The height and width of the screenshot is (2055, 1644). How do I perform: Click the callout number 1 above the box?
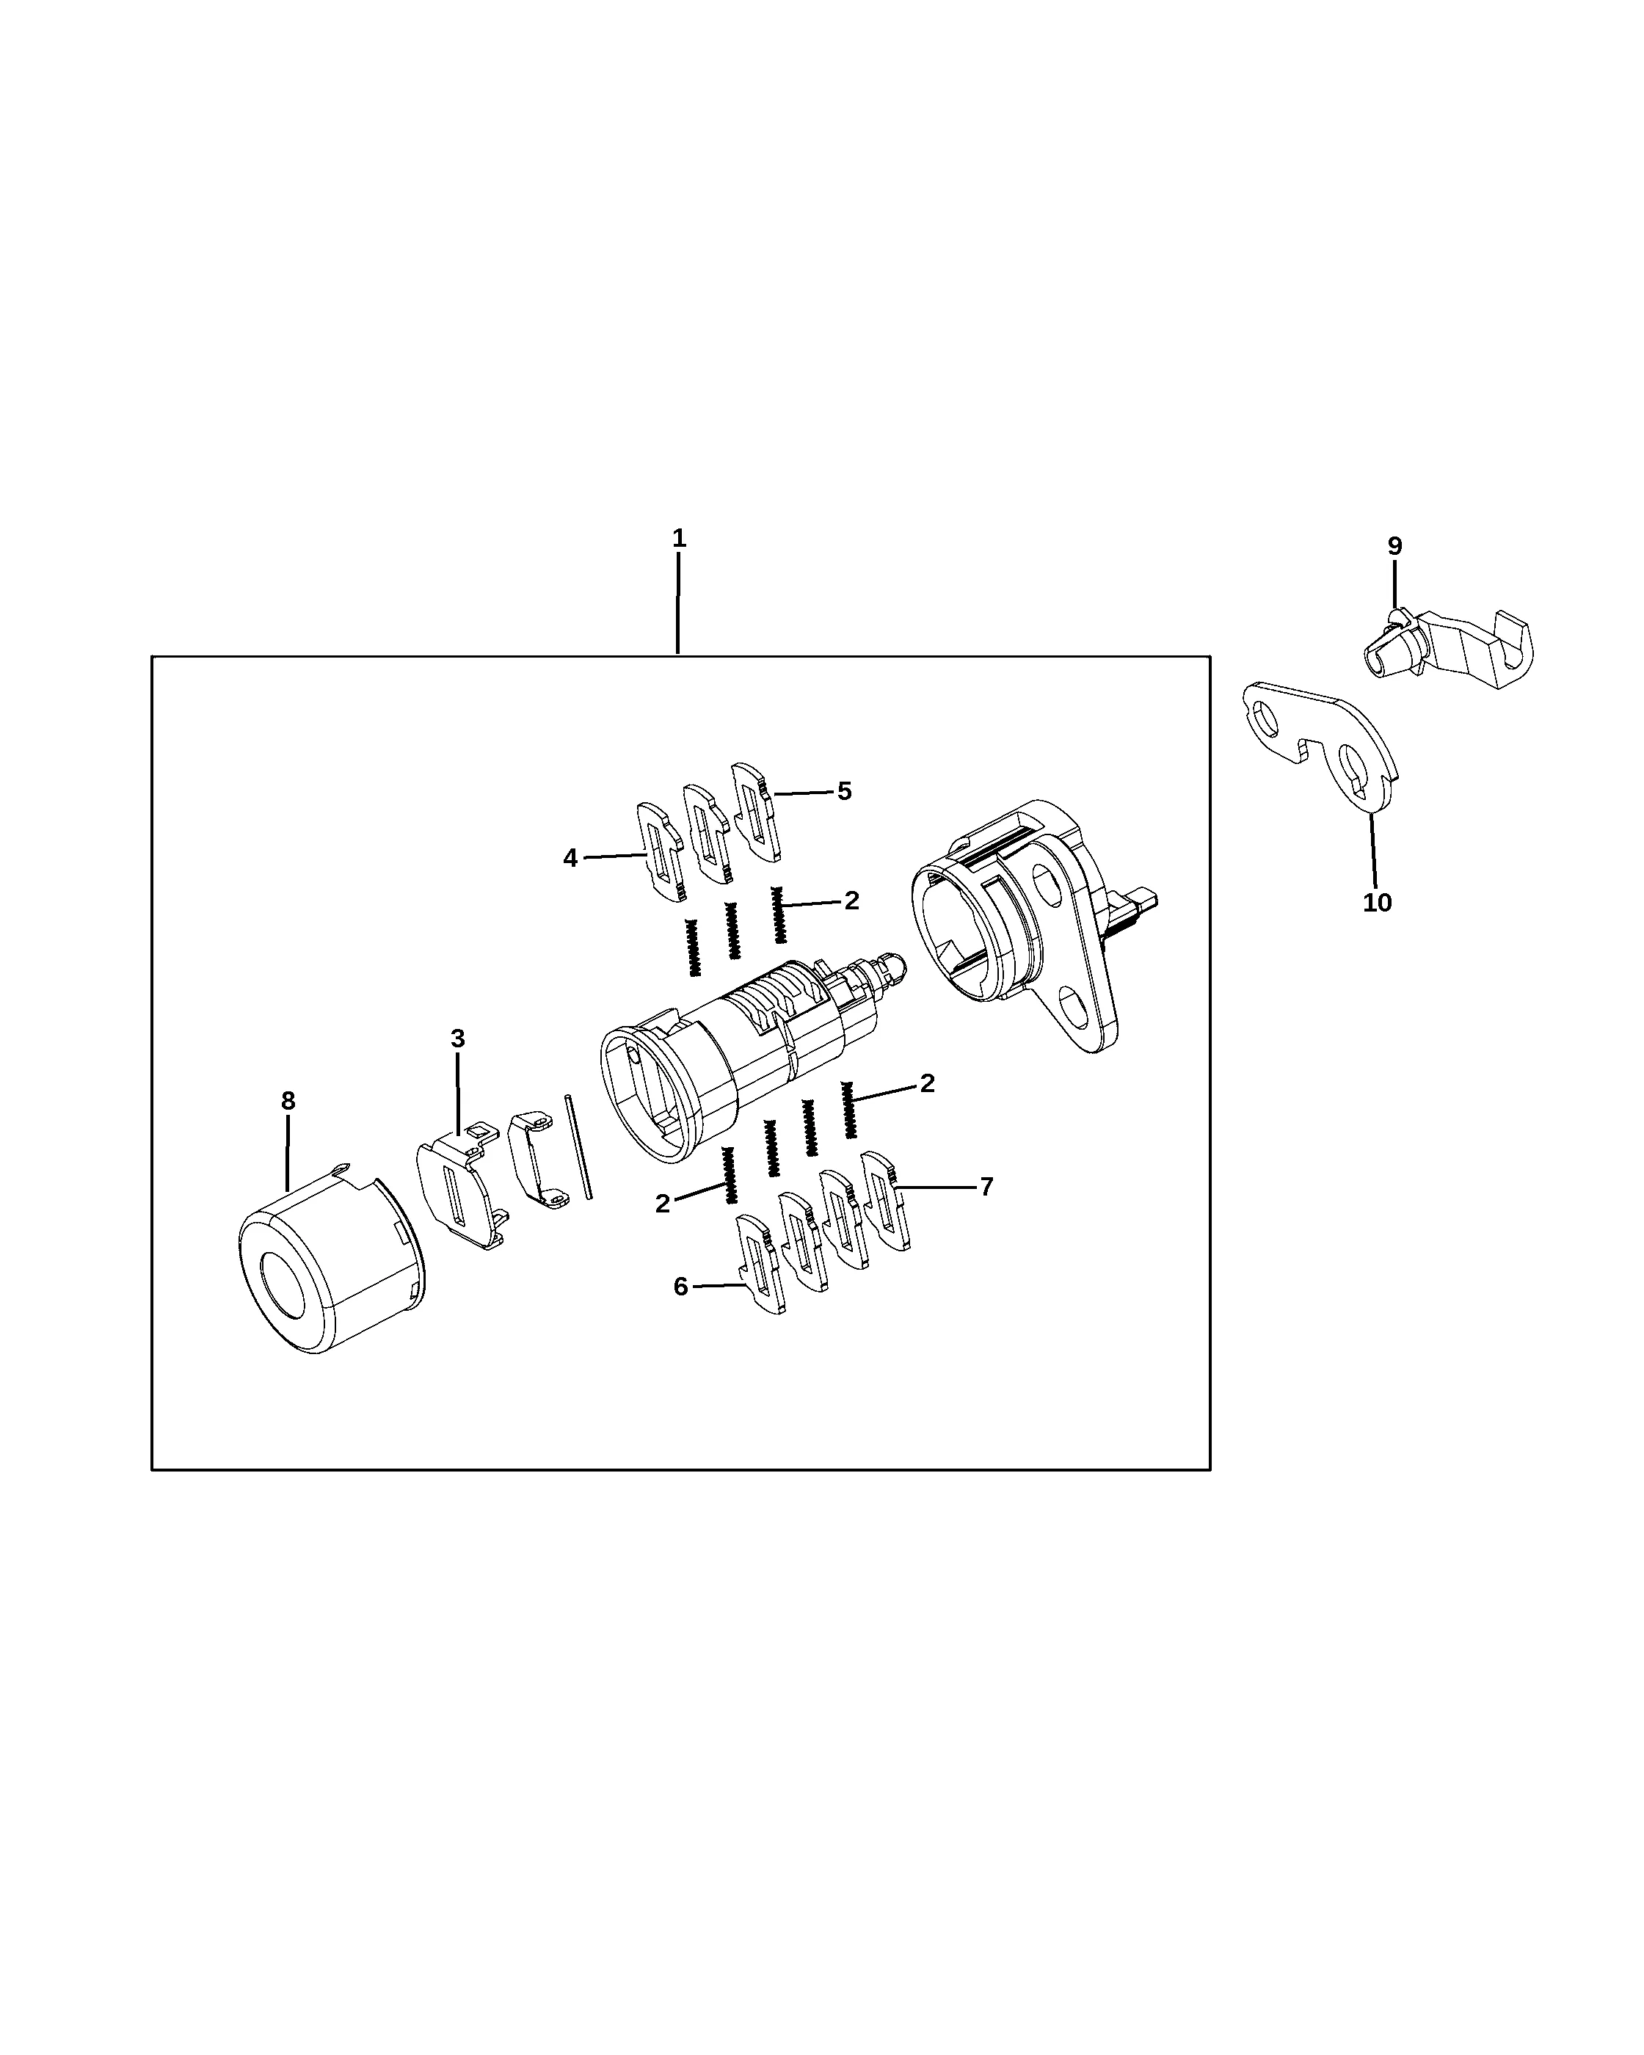pos(679,539)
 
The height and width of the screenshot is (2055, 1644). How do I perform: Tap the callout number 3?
pos(457,1038)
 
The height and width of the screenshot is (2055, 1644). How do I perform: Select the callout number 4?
pos(570,858)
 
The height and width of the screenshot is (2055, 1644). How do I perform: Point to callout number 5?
pos(845,791)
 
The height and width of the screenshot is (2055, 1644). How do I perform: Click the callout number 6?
pos(680,1287)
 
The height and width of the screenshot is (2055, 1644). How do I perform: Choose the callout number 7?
pos(986,1187)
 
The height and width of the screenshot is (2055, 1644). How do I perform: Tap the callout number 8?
pos(288,1101)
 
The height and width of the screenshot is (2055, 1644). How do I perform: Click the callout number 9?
pos(1394,547)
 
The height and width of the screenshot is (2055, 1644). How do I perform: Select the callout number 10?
pos(1377,903)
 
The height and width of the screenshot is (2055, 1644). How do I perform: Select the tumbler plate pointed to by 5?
pos(757,810)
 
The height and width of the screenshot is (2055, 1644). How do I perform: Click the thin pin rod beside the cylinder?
pos(578,1146)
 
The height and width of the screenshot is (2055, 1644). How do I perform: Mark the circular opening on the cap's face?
pos(282,1282)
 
